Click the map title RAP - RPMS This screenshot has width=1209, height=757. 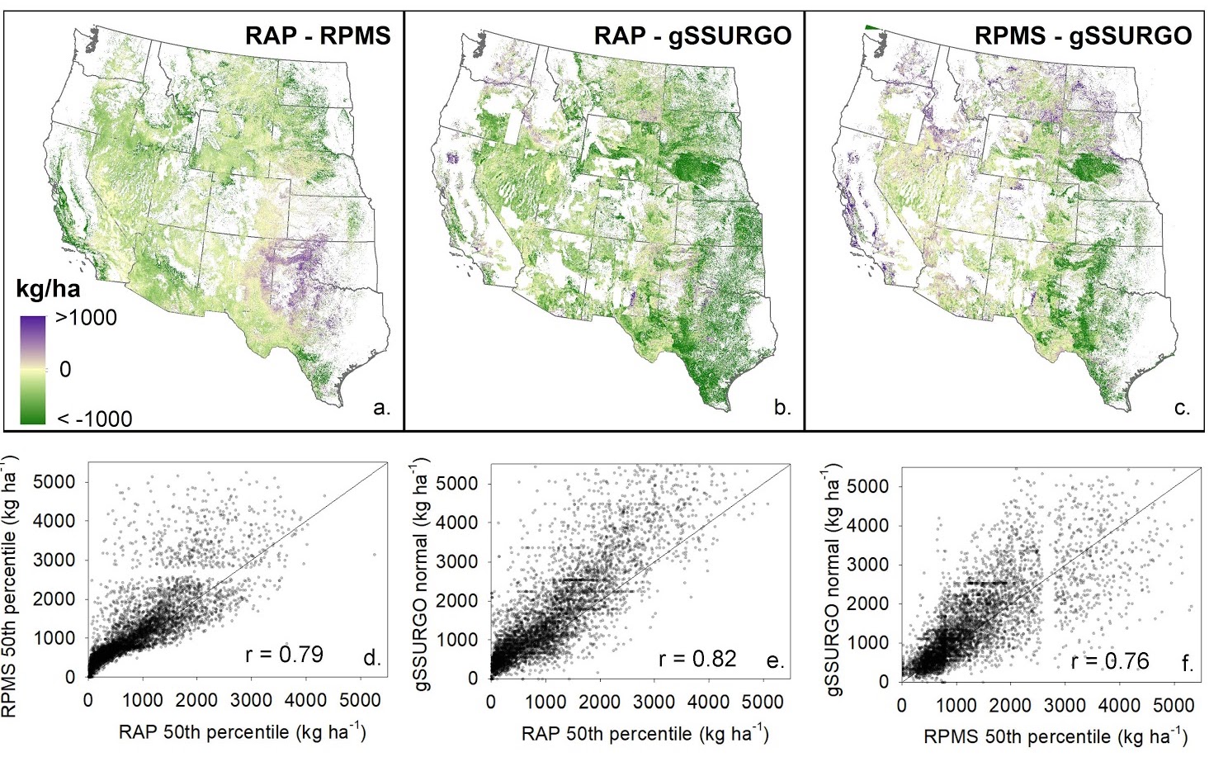[x=318, y=35]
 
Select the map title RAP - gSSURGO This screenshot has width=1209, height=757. [x=692, y=35]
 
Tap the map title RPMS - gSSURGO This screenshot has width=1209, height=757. [x=1083, y=35]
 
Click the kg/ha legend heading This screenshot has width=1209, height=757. [x=49, y=290]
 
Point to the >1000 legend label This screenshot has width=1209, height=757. [x=86, y=318]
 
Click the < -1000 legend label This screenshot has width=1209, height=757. [x=94, y=419]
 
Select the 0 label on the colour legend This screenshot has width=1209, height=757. [x=65, y=369]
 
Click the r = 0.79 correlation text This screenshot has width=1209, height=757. [x=284, y=655]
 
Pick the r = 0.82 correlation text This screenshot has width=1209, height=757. [x=697, y=658]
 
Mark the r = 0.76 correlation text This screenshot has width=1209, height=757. [x=1109, y=661]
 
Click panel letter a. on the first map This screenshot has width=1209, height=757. [x=381, y=407]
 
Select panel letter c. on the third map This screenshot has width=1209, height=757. [x=1182, y=407]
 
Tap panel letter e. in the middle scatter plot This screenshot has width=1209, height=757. [x=775, y=660]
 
